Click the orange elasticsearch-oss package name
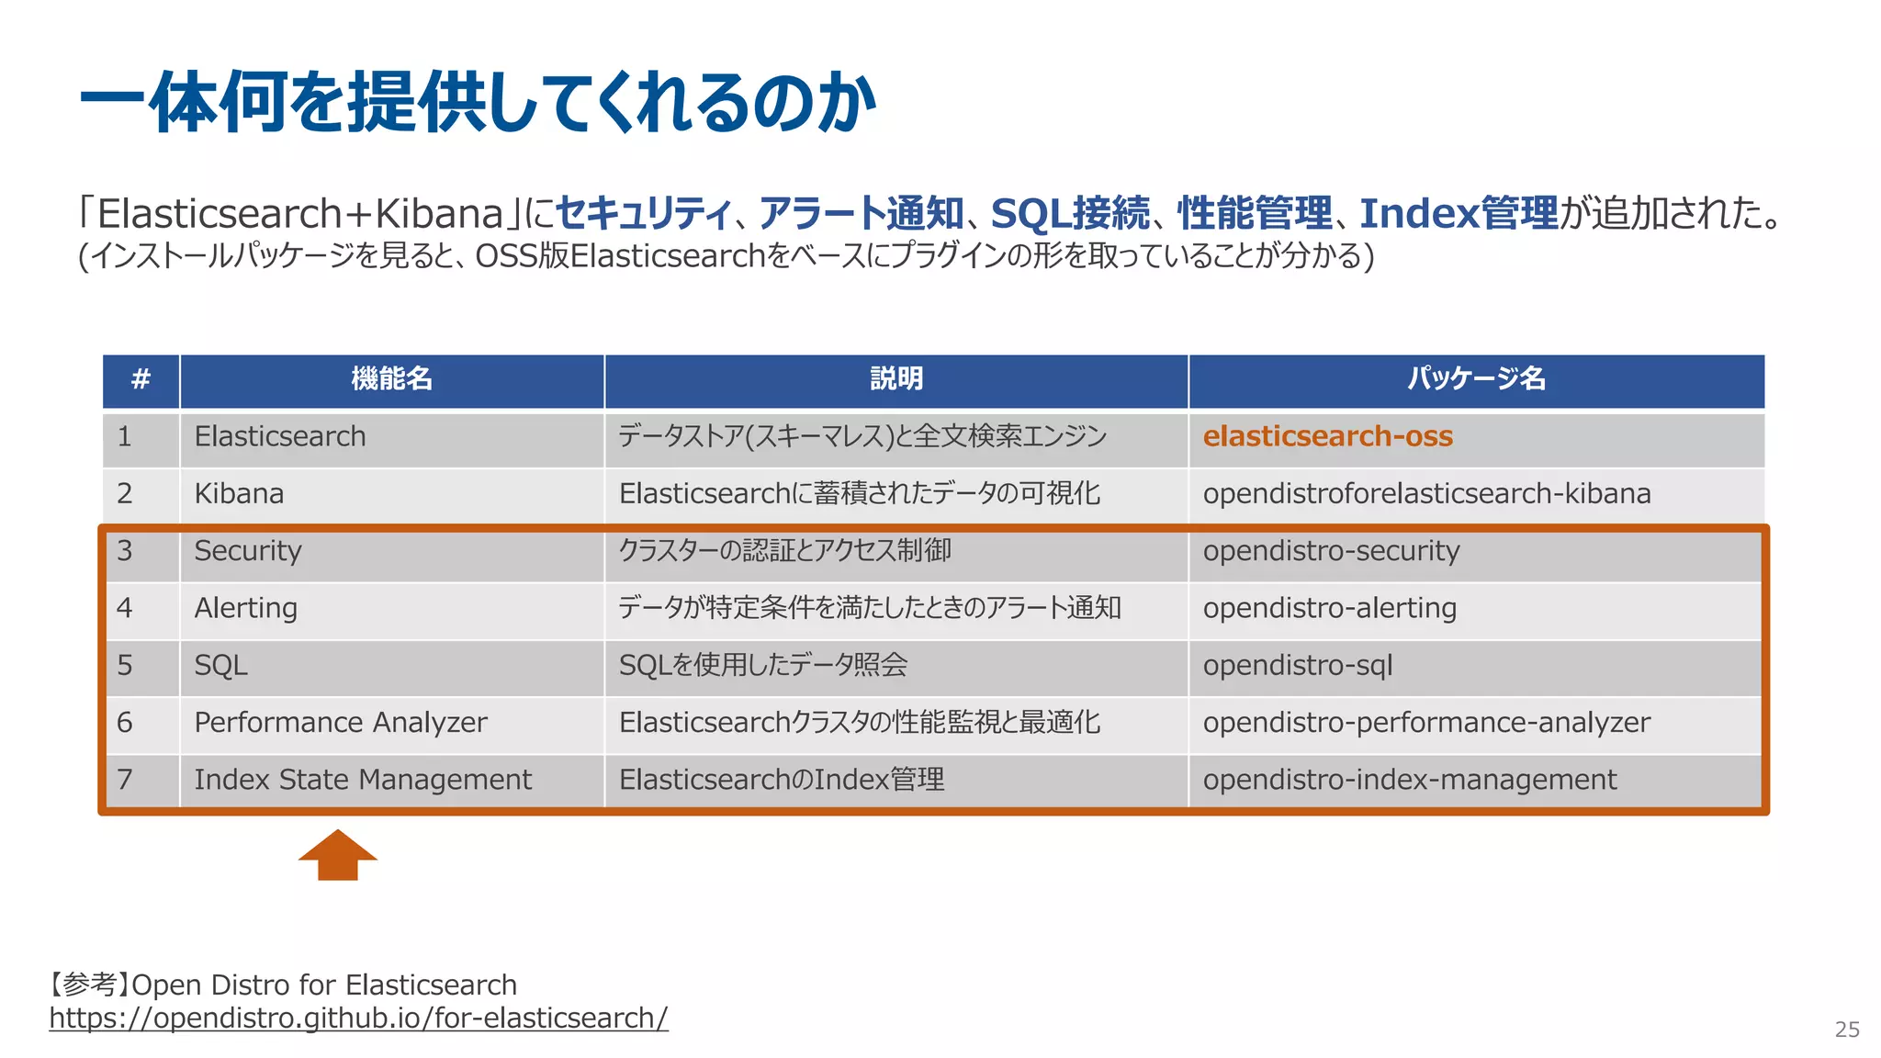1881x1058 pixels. pyautogui.click(x=1327, y=436)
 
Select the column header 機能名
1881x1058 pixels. pyautogui.click(x=391, y=378)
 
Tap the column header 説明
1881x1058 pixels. pyautogui.click(x=896, y=378)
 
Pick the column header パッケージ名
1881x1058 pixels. pyautogui.click(x=1476, y=378)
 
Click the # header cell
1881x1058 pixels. pyautogui.click(x=141, y=378)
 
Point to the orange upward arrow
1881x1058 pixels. pyautogui.click(x=338, y=856)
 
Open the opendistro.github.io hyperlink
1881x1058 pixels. pyautogui.click(x=358, y=1018)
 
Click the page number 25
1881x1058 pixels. pyautogui.click(x=1847, y=1030)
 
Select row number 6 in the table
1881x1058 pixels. pyautogui.click(x=125, y=723)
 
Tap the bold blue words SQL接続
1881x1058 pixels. pyautogui.click(x=1070, y=213)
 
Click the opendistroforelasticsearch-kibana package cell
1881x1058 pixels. pyautogui.click(x=1426, y=494)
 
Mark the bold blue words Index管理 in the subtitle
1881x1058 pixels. pyautogui.click(x=1459, y=213)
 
